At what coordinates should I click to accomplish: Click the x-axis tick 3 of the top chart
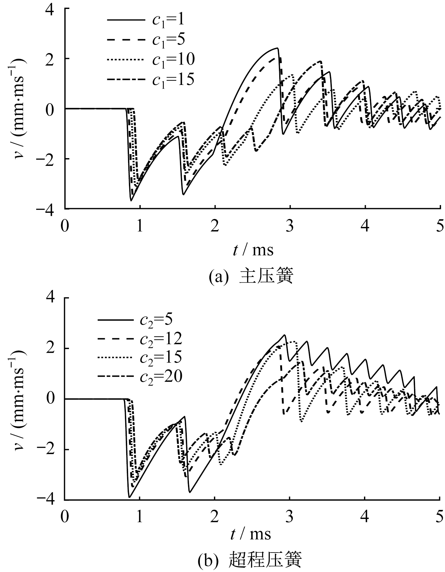290,227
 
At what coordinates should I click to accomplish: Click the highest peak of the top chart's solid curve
277,48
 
